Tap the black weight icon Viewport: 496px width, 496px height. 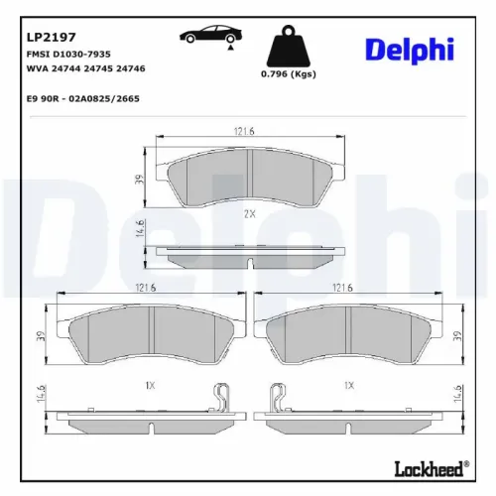(287, 46)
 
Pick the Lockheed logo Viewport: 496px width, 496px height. (433, 467)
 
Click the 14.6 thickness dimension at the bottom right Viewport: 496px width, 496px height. (457, 393)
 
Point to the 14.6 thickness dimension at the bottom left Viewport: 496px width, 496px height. (40, 393)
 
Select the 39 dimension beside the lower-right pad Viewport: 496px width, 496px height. (457, 338)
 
